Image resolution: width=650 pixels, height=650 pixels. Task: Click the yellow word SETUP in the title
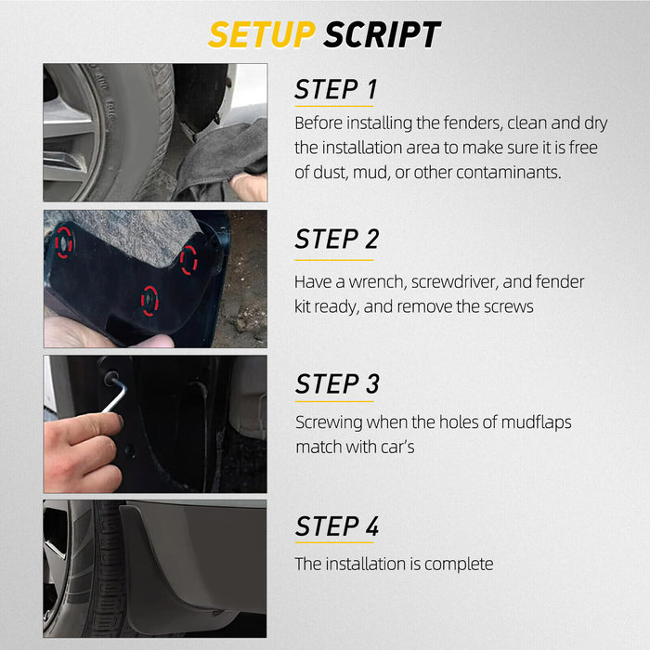pyautogui.click(x=262, y=34)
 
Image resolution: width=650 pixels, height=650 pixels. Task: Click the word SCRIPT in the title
pyautogui.click(x=382, y=34)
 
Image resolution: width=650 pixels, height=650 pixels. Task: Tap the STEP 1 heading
pyautogui.click(x=336, y=90)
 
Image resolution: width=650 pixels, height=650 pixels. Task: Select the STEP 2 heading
pyautogui.click(x=337, y=239)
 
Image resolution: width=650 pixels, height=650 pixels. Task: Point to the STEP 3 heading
pyautogui.click(x=337, y=383)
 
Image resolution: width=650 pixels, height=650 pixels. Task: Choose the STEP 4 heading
pyautogui.click(x=337, y=526)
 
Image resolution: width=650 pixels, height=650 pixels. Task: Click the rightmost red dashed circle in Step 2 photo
pyautogui.click(x=189, y=261)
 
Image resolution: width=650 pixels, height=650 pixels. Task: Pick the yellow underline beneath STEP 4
pyautogui.click(x=335, y=543)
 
